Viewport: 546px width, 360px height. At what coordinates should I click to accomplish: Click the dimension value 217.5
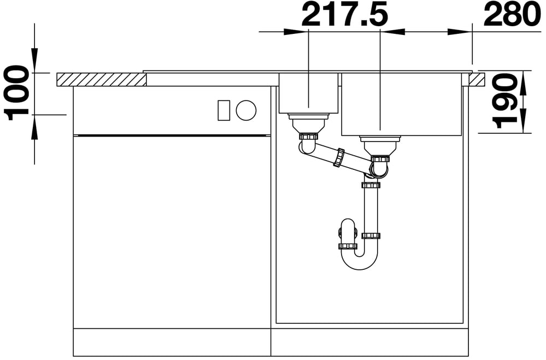point(344,15)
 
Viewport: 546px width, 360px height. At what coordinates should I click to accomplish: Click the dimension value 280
point(512,15)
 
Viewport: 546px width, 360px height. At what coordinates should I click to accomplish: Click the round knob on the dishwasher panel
point(246,110)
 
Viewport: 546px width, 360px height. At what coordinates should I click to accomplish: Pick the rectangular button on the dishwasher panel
point(224,110)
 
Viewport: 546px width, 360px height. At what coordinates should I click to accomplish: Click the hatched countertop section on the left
point(101,80)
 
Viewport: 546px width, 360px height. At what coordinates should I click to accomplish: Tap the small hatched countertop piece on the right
point(477,79)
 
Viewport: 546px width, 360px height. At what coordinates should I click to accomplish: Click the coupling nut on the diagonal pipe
point(339,157)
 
